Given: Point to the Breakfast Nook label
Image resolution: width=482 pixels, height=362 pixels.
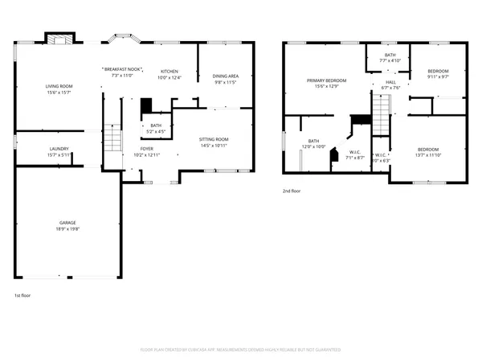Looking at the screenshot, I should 123,71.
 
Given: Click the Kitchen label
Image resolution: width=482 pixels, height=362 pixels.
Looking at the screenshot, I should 170,71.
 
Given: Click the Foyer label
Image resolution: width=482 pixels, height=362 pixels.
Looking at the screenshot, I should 147,149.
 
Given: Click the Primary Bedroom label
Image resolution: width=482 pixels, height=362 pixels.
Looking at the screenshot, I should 327,80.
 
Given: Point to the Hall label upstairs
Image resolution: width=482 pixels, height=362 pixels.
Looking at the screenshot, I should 390,82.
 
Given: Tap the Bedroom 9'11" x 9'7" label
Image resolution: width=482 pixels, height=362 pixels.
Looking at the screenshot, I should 438,71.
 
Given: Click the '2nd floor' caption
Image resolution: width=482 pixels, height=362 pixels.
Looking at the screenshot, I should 292,191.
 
